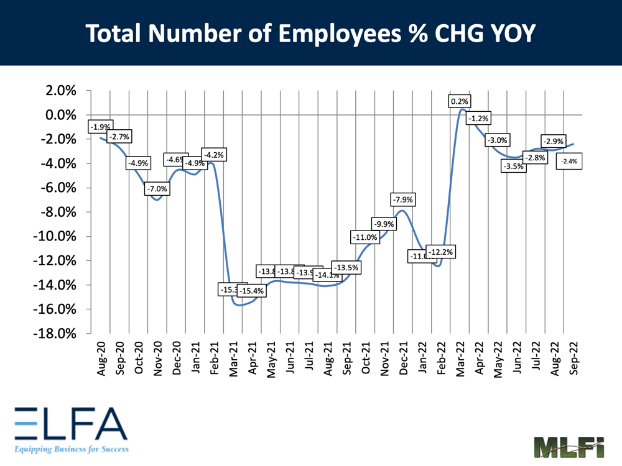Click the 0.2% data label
click(461, 101)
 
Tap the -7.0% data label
click(156, 188)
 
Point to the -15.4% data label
click(251, 290)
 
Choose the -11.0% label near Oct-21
click(365, 237)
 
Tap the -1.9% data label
click(100, 127)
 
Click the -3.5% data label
click(514, 166)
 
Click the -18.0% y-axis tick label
click(55, 334)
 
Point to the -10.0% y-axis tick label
click(55, 237)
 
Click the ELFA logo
click(68, 427)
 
